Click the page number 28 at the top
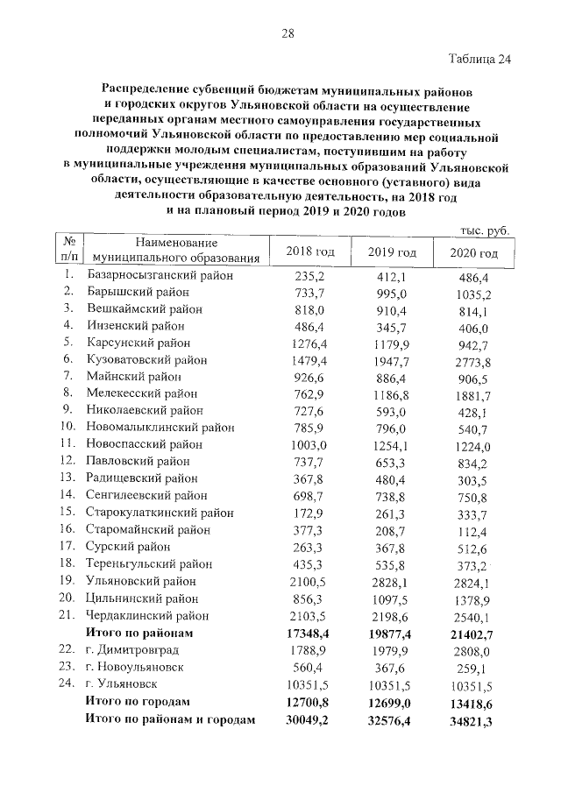click(287, 34)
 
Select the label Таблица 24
click(479, 60)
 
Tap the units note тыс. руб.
click(484, 230)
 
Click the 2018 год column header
click(310, 252)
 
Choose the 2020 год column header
click(472, 253)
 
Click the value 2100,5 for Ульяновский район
click(309, 580)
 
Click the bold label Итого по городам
click(135, 702)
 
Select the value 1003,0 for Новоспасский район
click(309, 444)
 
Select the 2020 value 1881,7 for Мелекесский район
click(472, 393)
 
